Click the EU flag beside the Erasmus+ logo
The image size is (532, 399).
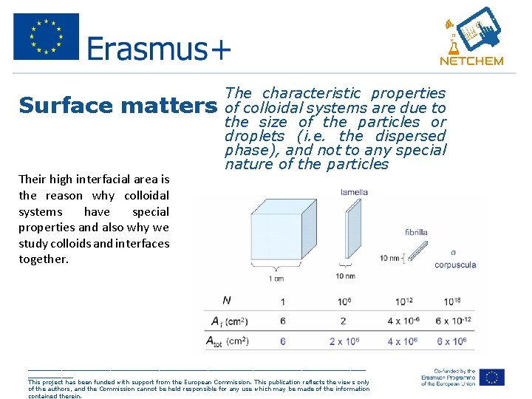tap(46, 37)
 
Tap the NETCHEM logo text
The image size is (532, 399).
tap(471, 61)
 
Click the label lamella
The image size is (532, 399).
tap(354, 192)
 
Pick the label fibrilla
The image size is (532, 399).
tap(416, 232)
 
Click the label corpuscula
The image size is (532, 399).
tap(454, 265)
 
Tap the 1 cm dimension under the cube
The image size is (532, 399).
tap(276, 278)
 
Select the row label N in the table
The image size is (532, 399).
tap(226, 301)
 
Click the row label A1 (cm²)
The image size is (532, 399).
tap(228, 321)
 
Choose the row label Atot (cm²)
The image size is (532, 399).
tap(230, 341)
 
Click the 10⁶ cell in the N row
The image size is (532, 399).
tap(344, 301)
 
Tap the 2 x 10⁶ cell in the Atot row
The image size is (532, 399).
tap(344, 341)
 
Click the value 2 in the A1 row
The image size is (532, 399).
tap(343, 321)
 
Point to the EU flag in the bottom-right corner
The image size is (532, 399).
tap(491, 377)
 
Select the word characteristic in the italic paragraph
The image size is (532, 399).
tap(312, 93)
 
